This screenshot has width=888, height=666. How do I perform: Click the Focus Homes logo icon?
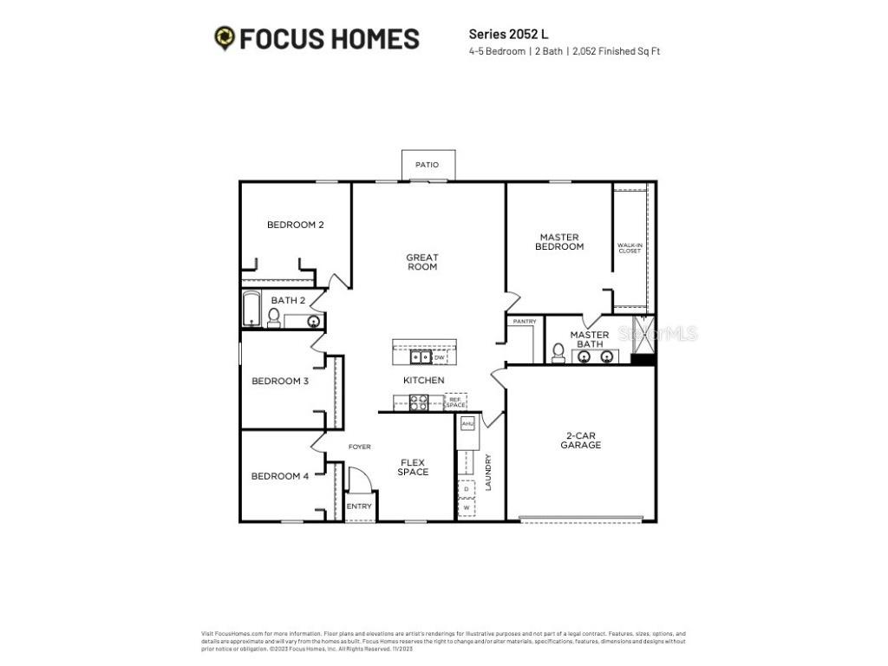coord(225,38)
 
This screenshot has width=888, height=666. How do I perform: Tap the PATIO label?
coord(427,165)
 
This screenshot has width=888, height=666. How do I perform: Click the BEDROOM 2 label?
coord(295,225)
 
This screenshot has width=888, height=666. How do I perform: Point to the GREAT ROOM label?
coord(422,262)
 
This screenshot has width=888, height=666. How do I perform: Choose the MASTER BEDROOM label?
coord(559,242)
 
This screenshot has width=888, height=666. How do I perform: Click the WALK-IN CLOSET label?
coord(630,248)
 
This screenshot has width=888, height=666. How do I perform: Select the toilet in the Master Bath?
coord(559,352)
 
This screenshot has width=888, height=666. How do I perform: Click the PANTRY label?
coord(525,322)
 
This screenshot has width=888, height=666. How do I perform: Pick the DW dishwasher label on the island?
coord(439,357)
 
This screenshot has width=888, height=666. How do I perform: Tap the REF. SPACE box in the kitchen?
coord(455,402)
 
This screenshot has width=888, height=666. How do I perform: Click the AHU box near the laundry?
coord(467,423)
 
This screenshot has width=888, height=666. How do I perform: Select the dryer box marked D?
coord(467,489)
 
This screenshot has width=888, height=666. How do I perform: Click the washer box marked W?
coord(467,508)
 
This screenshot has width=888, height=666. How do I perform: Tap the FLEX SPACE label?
coord(413,467)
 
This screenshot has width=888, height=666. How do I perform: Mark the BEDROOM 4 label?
coord(279,475)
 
